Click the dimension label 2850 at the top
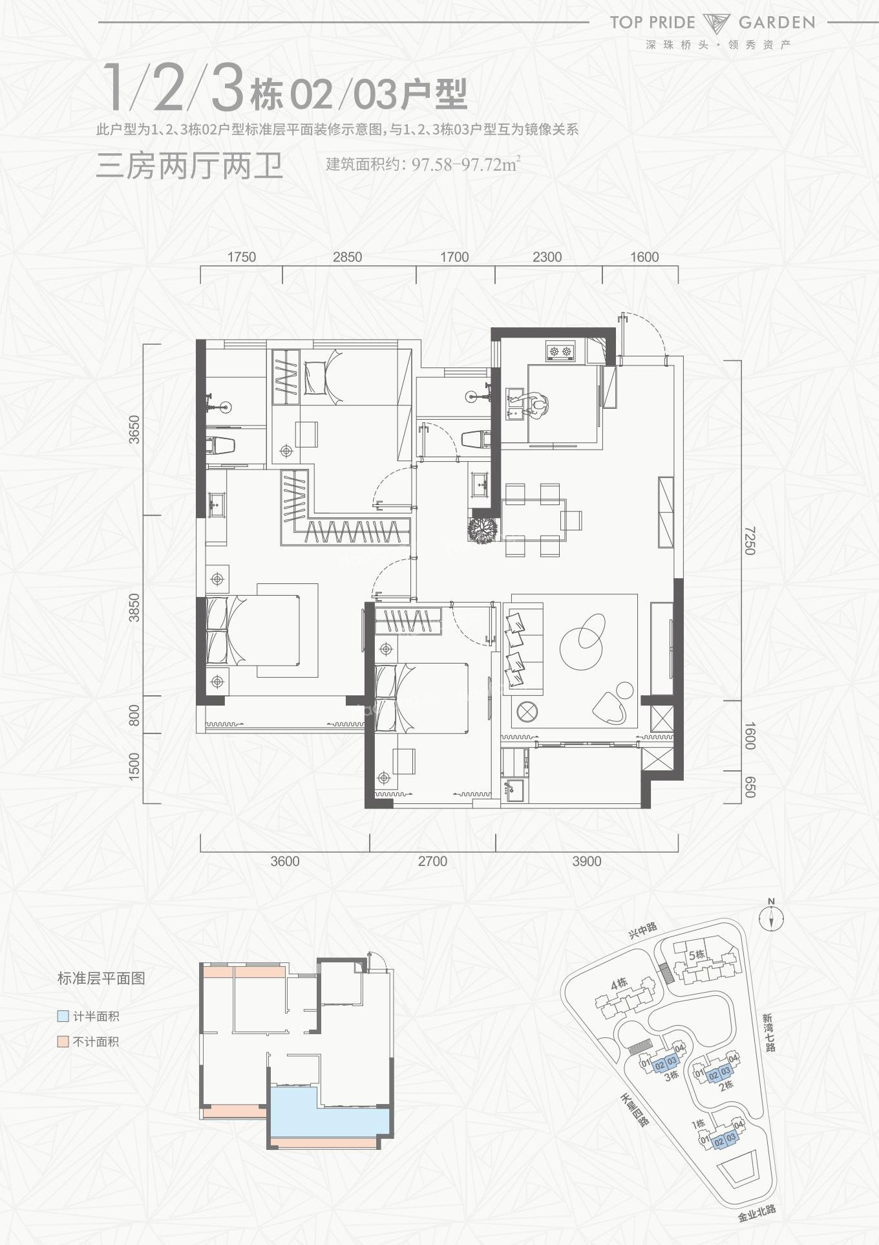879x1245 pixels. tap(347, 257)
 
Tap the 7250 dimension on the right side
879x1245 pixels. tap(749, 540)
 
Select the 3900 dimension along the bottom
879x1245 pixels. tap(586, 861)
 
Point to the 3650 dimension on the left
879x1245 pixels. tap(134, 429)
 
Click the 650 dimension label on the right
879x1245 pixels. tap(749, 786)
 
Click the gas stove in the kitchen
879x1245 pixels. tap(560, 352)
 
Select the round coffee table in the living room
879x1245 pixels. tap(582, 640)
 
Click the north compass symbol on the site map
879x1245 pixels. tap(771, 917)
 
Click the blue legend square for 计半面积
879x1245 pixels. tap(63, 1016)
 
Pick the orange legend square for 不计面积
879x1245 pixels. tap(63, 1041)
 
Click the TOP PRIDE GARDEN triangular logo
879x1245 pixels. tap(716, 23)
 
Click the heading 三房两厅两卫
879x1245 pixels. tap(189, 166)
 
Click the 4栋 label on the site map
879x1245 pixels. tap(619, 984)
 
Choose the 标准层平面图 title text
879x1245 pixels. tap(101, 978)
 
